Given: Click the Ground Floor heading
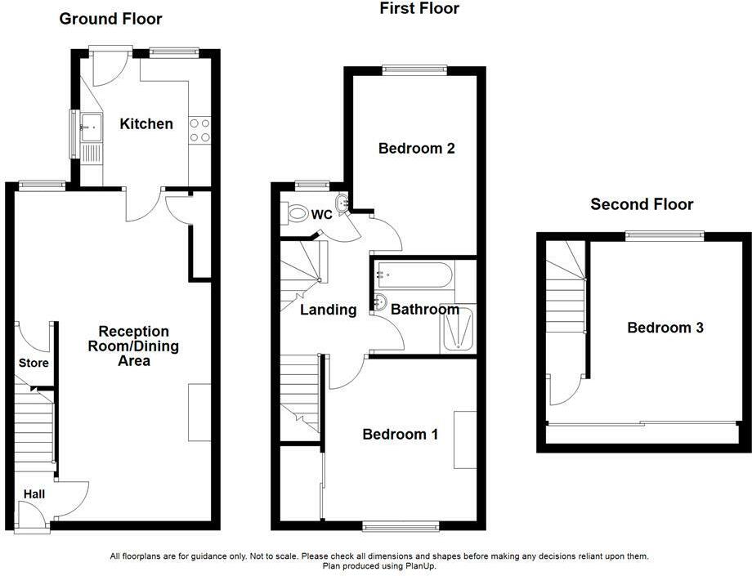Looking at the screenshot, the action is coord(110,19).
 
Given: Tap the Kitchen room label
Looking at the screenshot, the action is coord(146,123).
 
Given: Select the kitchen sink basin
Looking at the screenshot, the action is coord(91,127).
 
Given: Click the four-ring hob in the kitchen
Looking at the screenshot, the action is coord(200,131).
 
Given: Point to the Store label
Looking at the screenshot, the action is coord(34,363).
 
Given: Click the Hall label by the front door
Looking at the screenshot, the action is coord(34,494).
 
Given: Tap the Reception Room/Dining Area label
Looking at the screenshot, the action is coord(133,346).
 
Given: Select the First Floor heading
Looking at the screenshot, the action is coord(419,8).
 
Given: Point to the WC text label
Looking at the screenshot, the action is coord(321,215).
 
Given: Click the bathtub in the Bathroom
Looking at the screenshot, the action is coord(414,275).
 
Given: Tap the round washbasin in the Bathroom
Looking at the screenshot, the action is coord(381,302).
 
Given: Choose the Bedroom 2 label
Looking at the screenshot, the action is coord(416,149).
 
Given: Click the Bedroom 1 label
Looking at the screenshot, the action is coord(400,435).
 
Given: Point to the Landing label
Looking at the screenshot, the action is coord(329,310).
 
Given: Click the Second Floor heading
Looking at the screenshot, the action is coord(642,204).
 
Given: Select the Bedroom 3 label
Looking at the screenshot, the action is coord(665,328).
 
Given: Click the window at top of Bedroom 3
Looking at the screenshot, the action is coord(665,235).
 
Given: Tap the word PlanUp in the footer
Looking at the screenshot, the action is coord(423,566).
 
